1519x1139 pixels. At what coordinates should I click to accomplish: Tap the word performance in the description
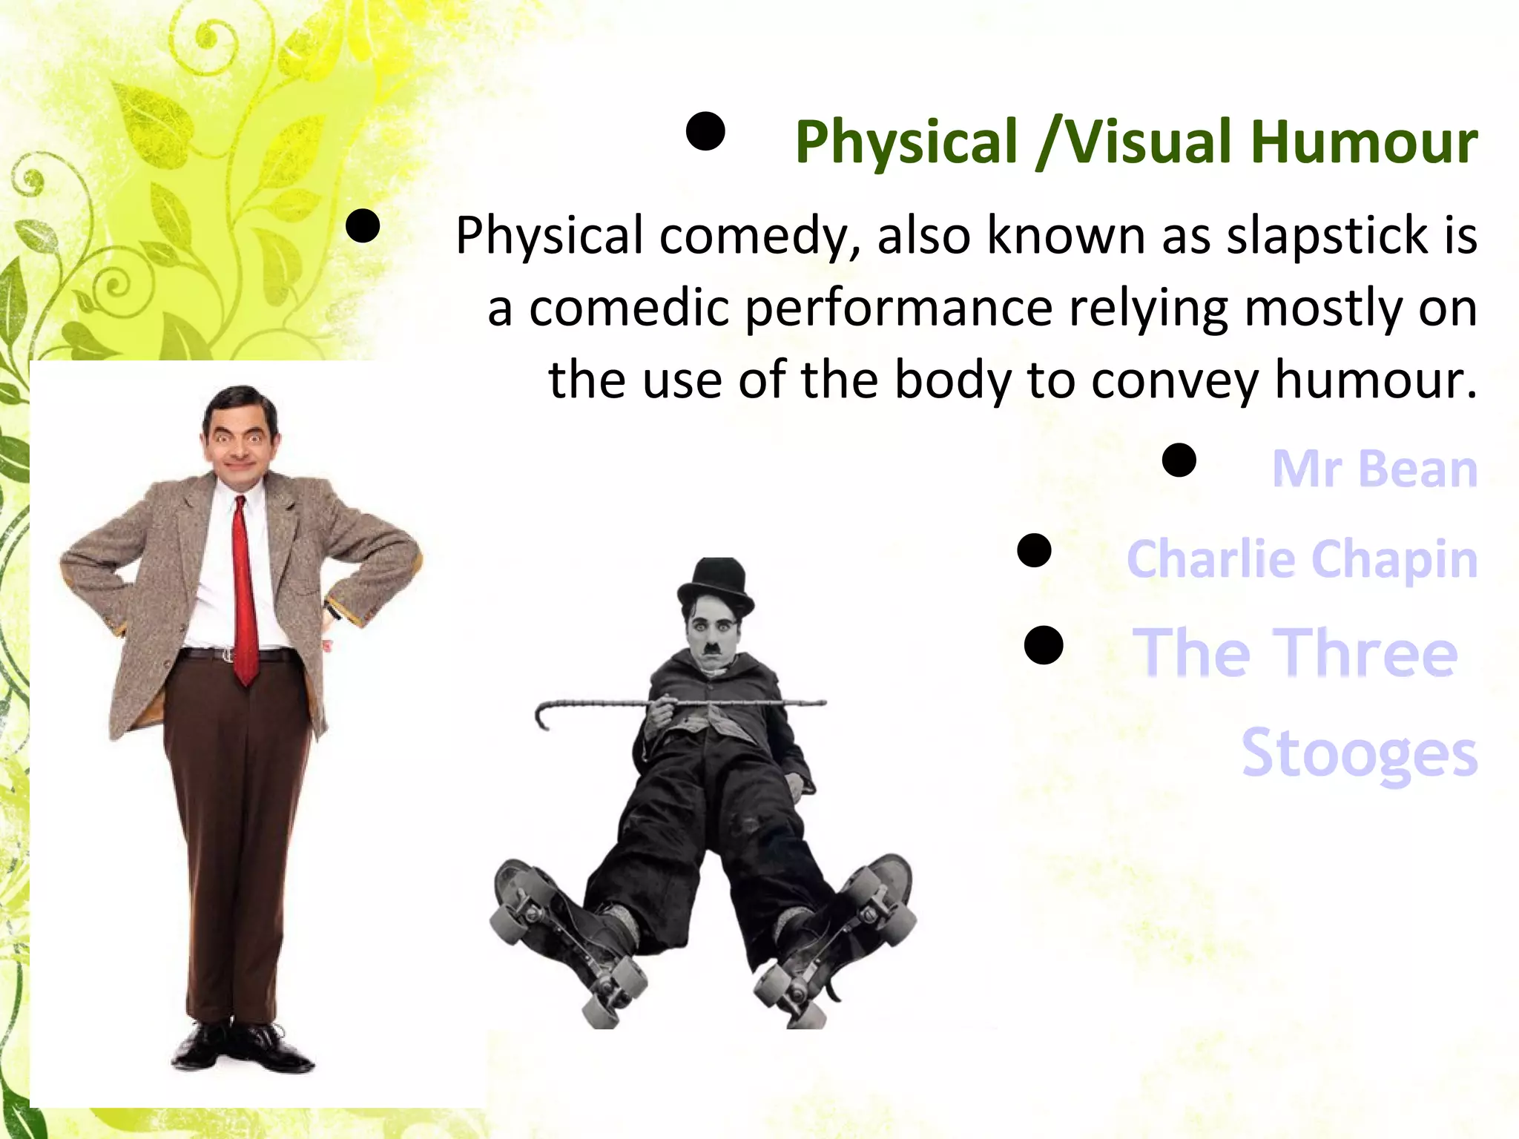(x=898, y=308)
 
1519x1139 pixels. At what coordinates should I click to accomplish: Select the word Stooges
(x=1359, y=753)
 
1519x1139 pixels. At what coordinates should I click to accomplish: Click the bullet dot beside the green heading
(x=705, y=132)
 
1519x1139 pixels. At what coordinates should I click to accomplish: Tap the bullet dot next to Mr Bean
(x=1179, y=460)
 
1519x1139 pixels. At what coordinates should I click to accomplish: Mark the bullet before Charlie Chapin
(x=1034, y=551)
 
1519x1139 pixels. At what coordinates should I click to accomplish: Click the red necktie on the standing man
(x=246, y=593)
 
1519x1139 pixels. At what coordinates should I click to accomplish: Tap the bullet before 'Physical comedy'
(x=363, y=226)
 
